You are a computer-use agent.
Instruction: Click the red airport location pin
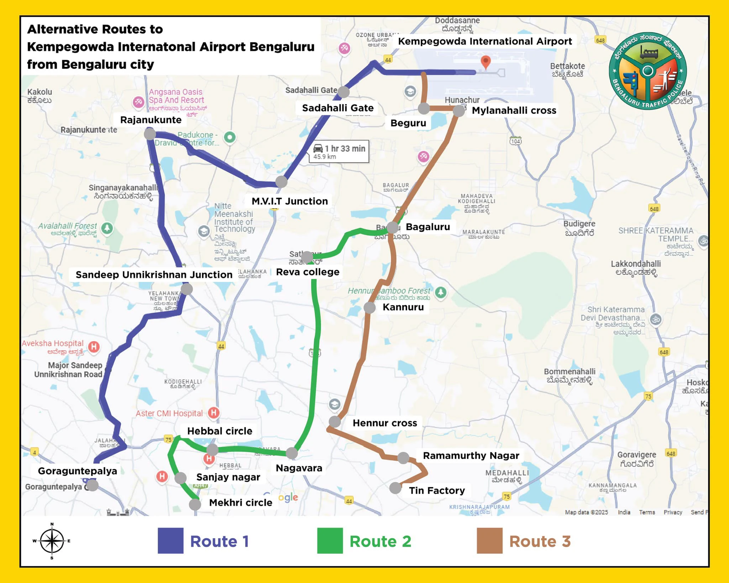(x=486, y=62)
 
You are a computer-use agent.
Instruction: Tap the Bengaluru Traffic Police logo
(x=647, y=71)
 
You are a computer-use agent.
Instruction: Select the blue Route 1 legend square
(x=171, y=541)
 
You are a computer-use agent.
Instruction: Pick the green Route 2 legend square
(x=330, y=541)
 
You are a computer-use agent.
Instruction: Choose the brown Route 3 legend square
(x=489, y=541)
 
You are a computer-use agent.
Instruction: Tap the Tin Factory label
(x=437, y=490)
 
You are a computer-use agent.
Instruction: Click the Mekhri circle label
(x=241, y=503)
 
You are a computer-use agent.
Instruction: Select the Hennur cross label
(x=385, y=423)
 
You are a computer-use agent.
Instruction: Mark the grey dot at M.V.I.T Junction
(x=281, y=182)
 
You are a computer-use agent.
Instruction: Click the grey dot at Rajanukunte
(x=150, y=134)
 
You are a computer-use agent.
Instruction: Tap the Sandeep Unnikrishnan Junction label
(x=154, y=275)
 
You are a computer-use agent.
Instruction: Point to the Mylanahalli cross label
(x=514, y=110)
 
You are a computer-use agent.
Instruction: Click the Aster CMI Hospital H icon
(x=214, y=413)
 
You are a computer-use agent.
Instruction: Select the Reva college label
(x=308, y=272)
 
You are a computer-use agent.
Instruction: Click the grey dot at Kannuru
(x=369, y=308)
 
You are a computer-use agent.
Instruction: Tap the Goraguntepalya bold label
(x=77, y=471)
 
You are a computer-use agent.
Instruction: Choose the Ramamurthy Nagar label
(x=471, y=456)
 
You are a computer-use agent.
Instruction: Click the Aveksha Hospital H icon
(x=94, y=346)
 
